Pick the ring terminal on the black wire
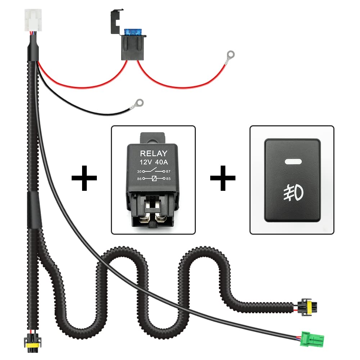tap(138, 103)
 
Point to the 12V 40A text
tap(153, 162)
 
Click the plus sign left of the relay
tap(84, 178)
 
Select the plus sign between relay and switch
tap(222, 178)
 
